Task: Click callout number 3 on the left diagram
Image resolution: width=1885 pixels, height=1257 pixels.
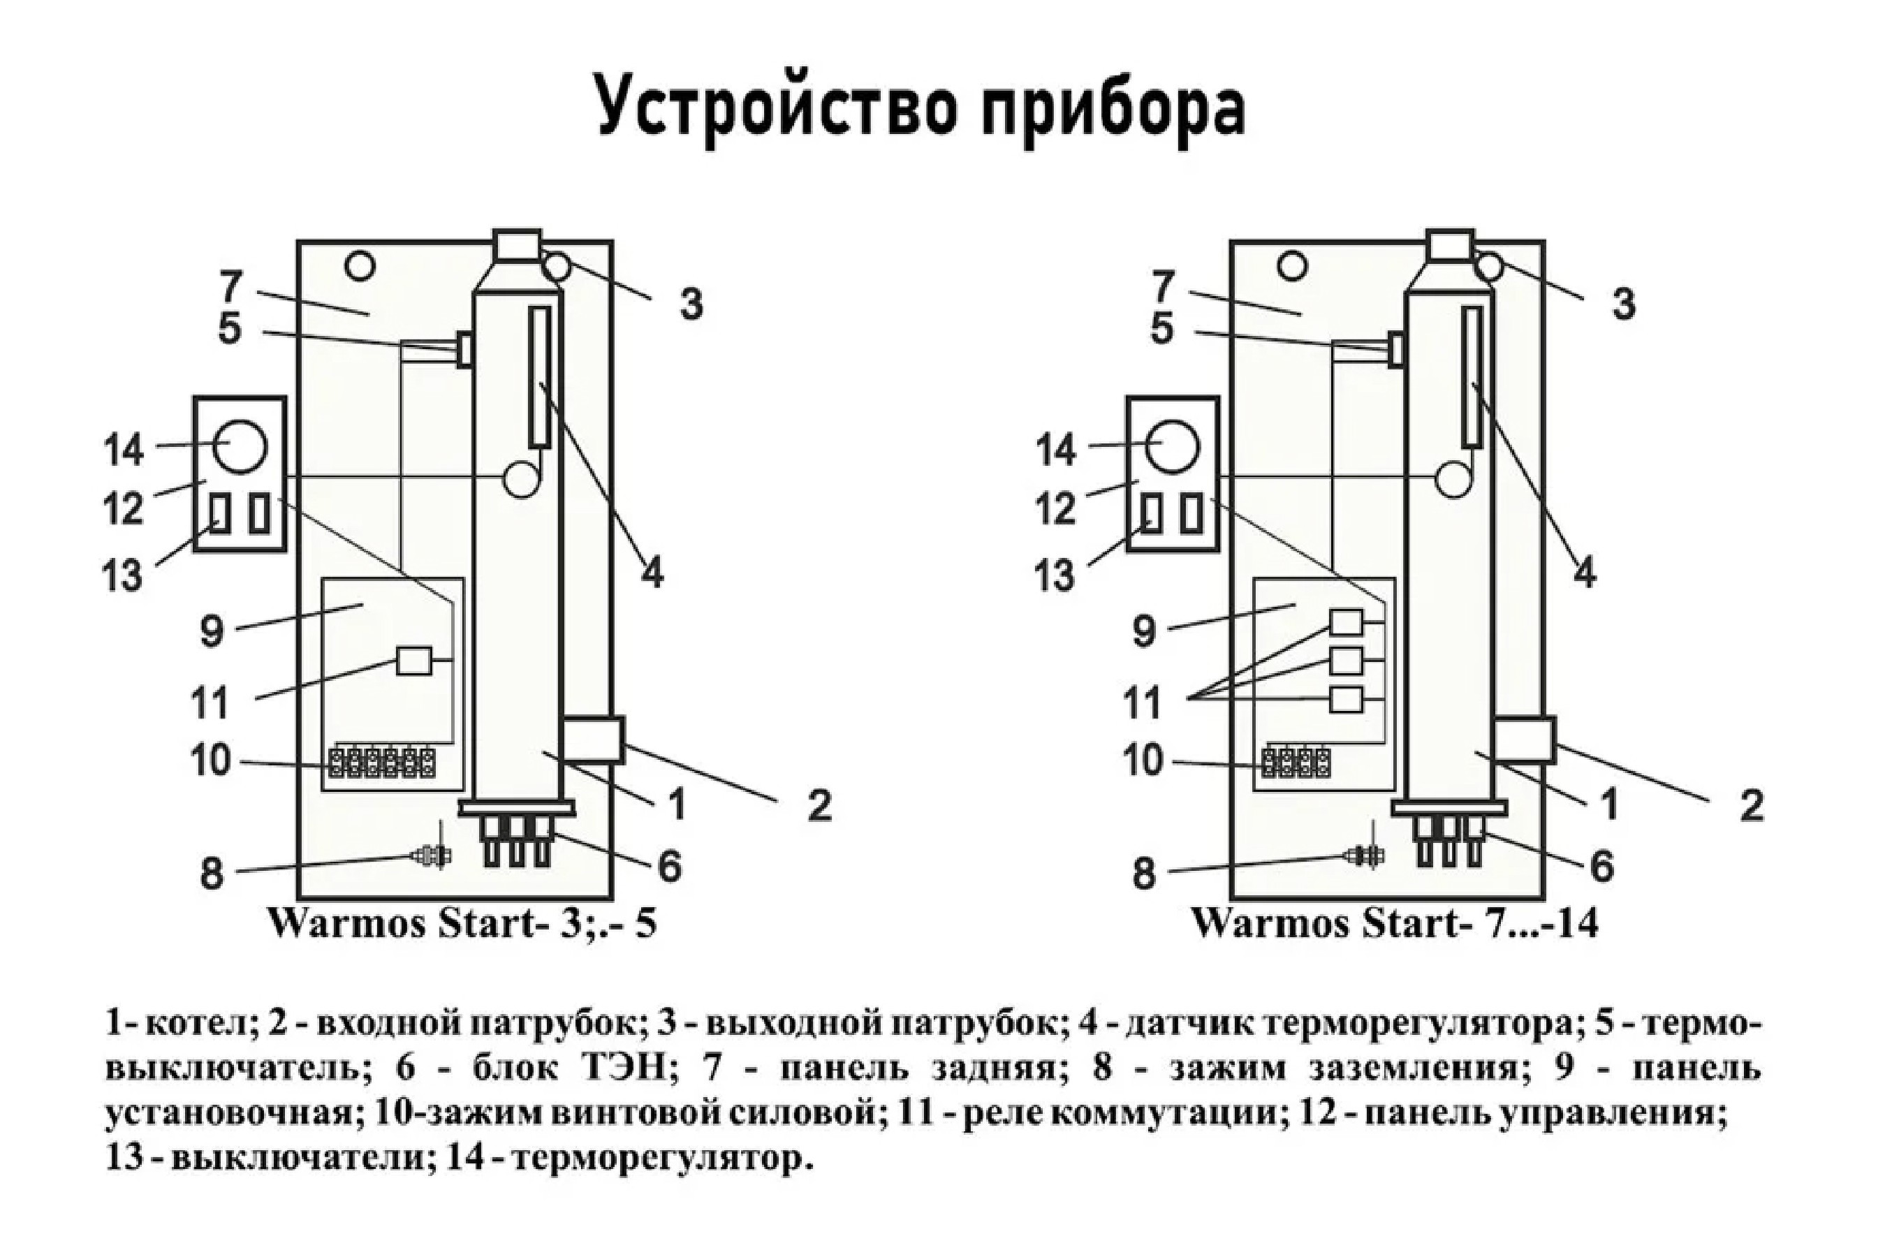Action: pyautogui.click(x=691, y=304)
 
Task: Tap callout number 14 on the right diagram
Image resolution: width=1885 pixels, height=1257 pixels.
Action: pyautogui.click(x=1055, y=450)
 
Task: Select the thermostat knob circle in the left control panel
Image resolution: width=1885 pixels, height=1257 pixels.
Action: pyautogui.click(x=240, y=446)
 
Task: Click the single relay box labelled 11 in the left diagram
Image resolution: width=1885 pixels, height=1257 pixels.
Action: pyautogui.click(x=413, y=661)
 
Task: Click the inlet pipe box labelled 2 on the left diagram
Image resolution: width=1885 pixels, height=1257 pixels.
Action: pyautogui.click(x=594, y=739)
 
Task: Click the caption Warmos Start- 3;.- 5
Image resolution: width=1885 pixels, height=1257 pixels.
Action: pyautogui.click(x=462, y=922)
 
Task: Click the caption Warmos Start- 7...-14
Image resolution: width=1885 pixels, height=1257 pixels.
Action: pyautogui.click(x=1394, y=922)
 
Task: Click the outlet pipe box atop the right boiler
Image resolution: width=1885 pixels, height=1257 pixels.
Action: pyautogui.click(x=1450, y=244)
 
